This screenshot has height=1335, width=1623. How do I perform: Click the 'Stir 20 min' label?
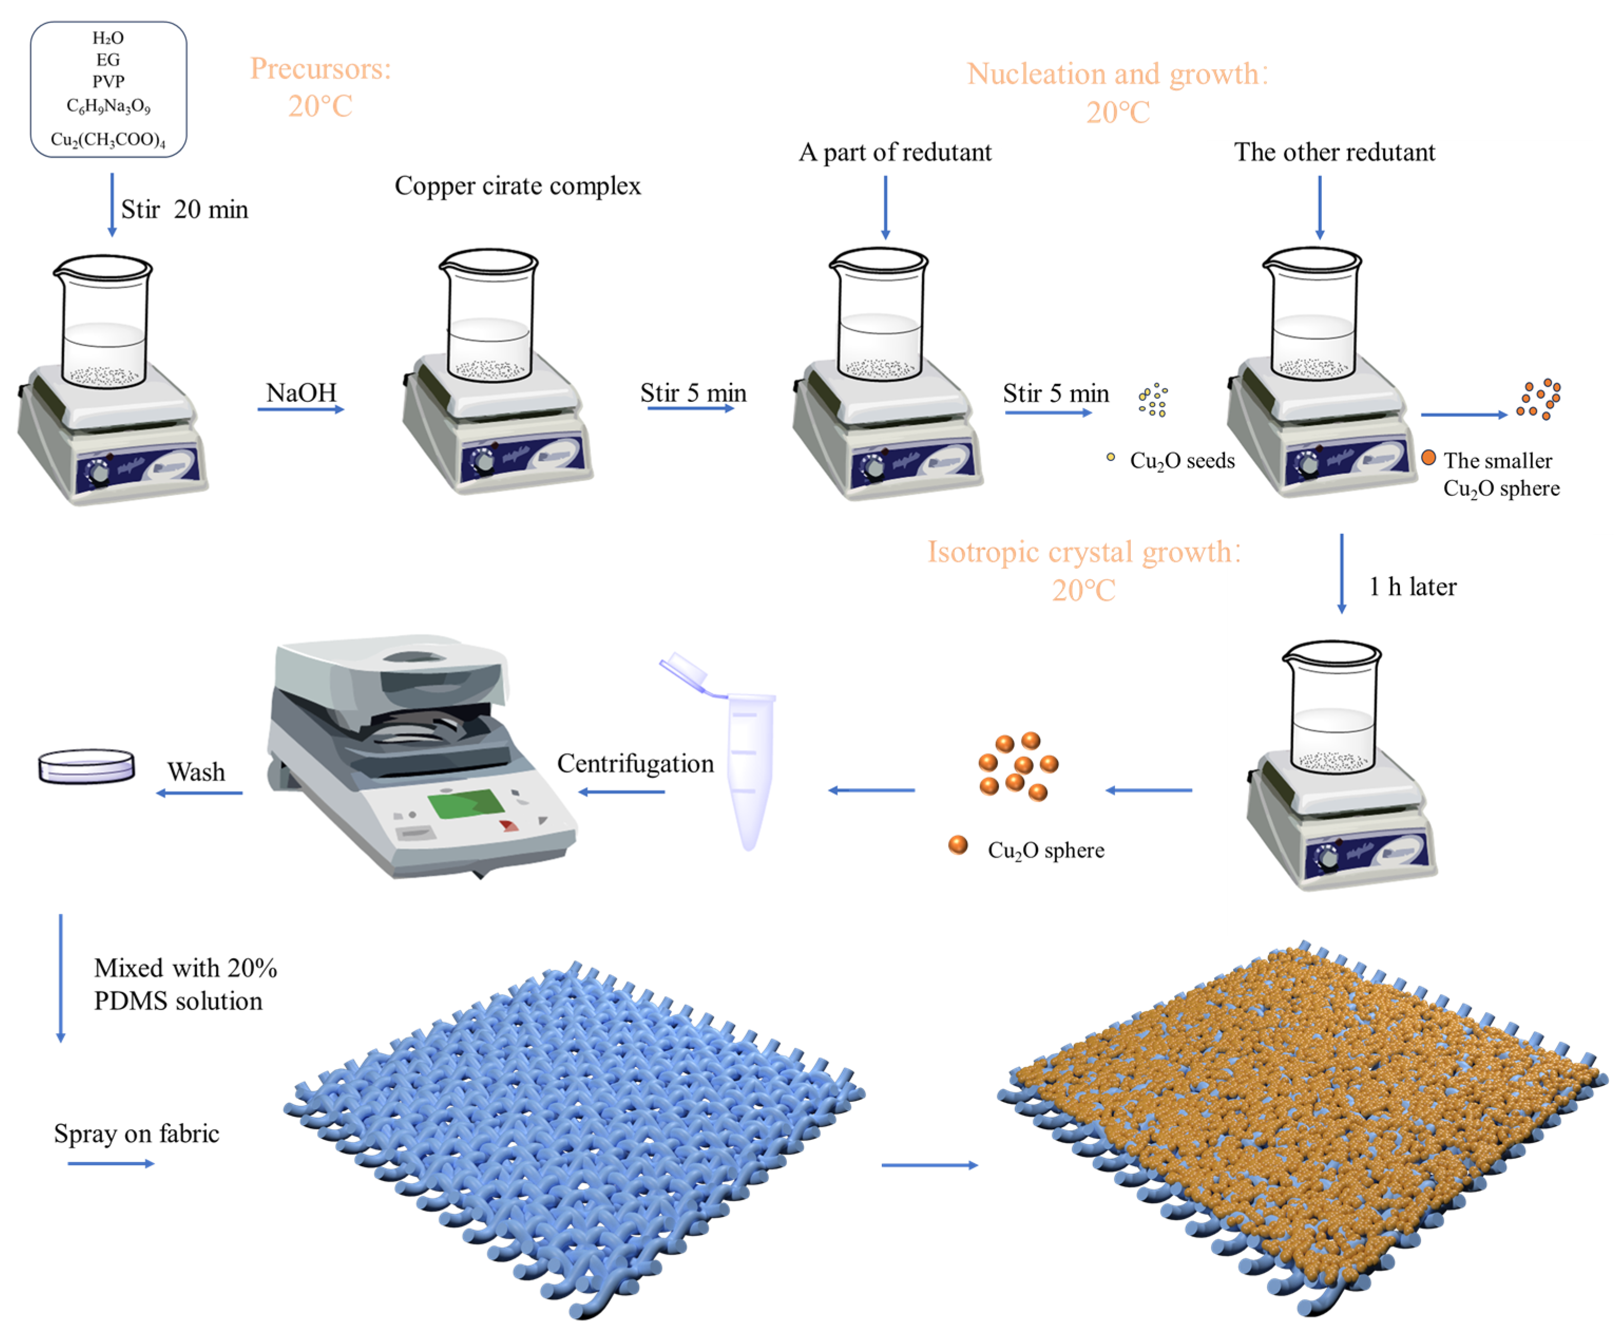click(185, 209)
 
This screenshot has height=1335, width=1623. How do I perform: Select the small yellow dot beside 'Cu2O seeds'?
click(1110, 457)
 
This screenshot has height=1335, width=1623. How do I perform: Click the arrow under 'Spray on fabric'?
click(111, 1164)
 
